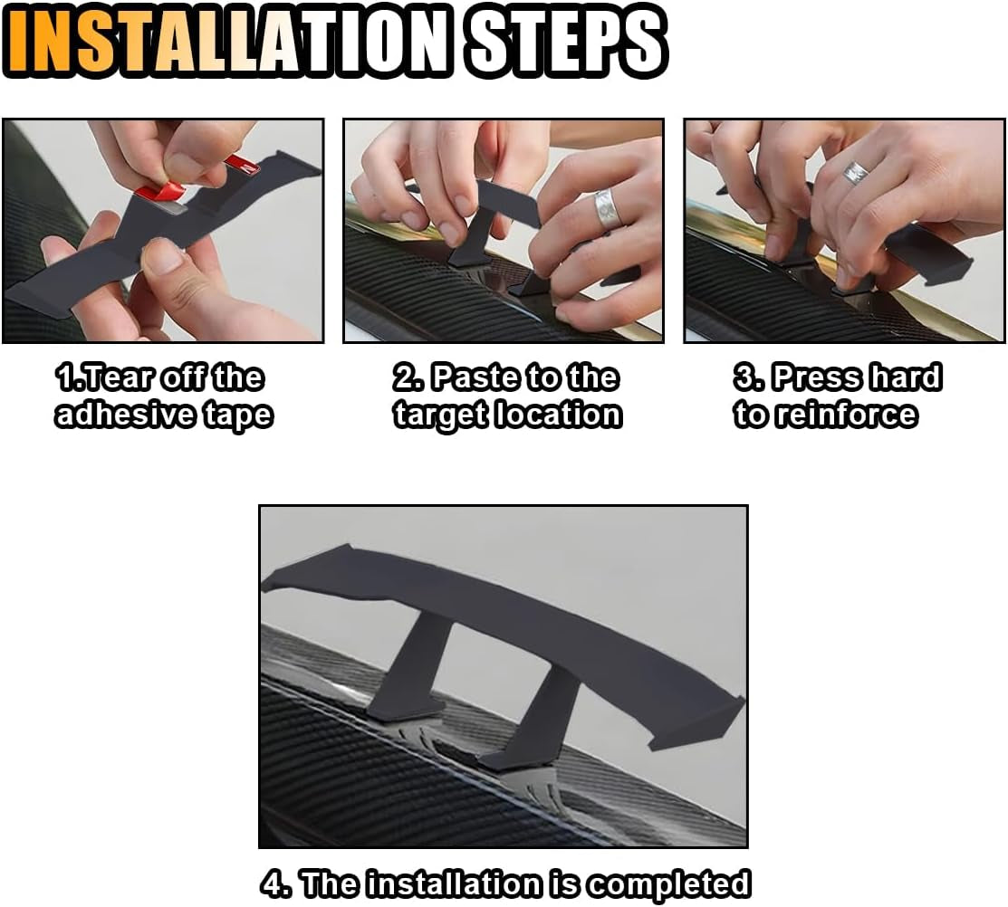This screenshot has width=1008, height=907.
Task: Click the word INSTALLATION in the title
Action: coord(231,42)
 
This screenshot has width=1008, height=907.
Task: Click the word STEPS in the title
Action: coord(567,42)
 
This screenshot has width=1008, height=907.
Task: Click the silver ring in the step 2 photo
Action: coord(608,210)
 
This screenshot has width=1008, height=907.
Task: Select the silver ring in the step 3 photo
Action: coord(855,173)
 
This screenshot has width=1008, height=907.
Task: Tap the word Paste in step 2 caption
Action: coord(469,377)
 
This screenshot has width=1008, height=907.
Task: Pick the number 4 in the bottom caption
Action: coord(275,883)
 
